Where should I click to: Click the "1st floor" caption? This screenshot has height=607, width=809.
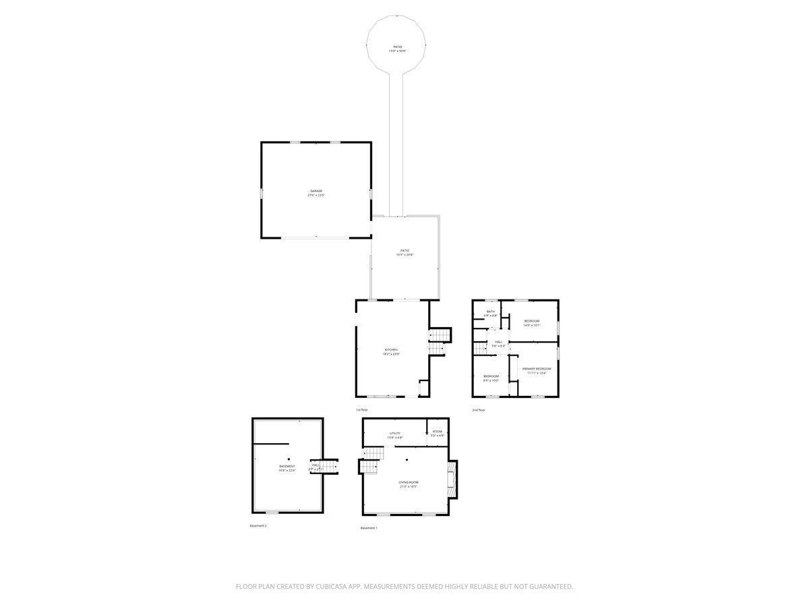pos(362,409)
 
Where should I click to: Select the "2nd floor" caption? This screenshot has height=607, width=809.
pos(479,409)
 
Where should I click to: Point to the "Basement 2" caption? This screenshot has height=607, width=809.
pos(258,525)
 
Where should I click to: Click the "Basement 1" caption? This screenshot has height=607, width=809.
pos(369,527)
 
